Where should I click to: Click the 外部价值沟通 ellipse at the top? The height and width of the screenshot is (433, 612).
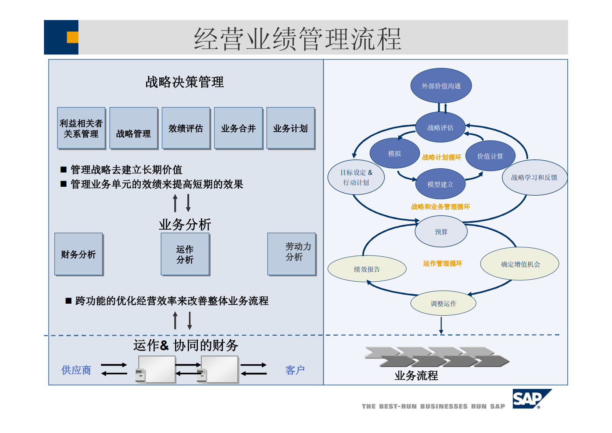441,86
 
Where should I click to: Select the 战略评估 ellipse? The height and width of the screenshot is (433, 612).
440,127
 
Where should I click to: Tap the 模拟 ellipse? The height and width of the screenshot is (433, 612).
395,153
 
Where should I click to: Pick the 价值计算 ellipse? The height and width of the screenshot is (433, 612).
490,156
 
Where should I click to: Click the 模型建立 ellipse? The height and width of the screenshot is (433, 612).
440,184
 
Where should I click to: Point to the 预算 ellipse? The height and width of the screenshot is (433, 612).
441,232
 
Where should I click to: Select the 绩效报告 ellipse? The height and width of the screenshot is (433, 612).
367,269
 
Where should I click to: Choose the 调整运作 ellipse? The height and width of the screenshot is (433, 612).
443,303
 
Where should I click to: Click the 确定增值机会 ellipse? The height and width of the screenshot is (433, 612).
520,264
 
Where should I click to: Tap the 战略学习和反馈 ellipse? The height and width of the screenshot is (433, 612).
534,178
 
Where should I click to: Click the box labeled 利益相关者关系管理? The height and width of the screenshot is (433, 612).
81,128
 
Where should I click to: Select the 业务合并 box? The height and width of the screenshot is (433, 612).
238,128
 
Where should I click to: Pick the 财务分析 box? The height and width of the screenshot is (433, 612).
78,254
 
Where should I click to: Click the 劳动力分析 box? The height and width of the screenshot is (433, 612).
292,254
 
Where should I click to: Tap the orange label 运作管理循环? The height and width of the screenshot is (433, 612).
442,263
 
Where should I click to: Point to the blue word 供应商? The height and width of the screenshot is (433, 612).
76,370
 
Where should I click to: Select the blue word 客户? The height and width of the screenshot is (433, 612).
295,370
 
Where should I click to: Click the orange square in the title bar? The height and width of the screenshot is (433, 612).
72,37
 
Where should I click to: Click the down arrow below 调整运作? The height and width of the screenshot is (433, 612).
441,325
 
